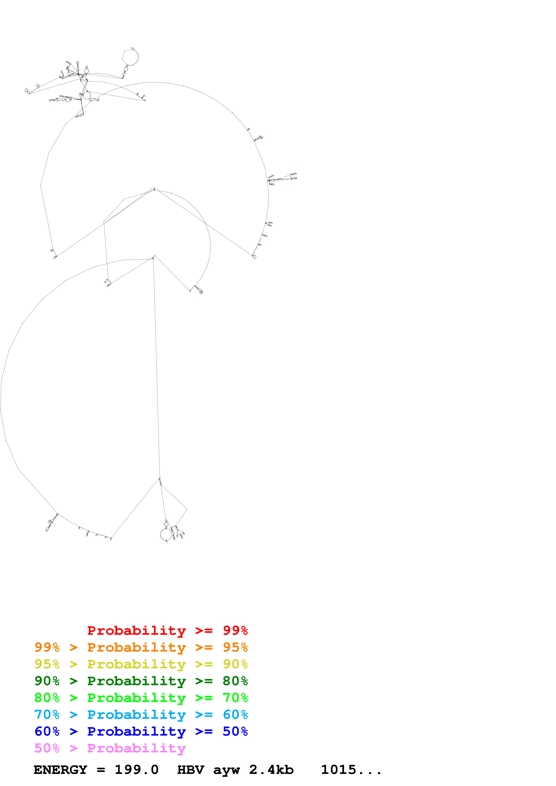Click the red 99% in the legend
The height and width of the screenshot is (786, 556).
pyautogui.click(x=235, y=630)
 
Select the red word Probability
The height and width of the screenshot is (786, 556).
pyautogui.click(x=136, y=630)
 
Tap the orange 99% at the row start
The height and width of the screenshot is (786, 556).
pyautogui.click(x=47, y=647)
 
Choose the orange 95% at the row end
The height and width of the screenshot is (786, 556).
pyautogui.click(x=235, y=647)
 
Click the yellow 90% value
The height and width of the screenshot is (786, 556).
pyautogui.click(x=235, y=664)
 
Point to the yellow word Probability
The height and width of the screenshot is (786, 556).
pyautogui.click(x=136, y=664)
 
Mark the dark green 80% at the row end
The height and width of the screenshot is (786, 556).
pyautogui.click(x=235, y=681)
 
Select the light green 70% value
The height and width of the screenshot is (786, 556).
pyautogui.click(x=235, y=698)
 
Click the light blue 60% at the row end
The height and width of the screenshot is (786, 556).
pyautogui.click(x=235, y=715)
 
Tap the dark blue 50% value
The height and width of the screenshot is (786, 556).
pyautogui.click(x=235, y=731)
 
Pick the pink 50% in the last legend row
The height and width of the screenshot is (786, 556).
pyautogui.click(x=47, y=748)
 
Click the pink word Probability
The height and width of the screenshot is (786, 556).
pyautogui.click(x=136, y=748)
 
